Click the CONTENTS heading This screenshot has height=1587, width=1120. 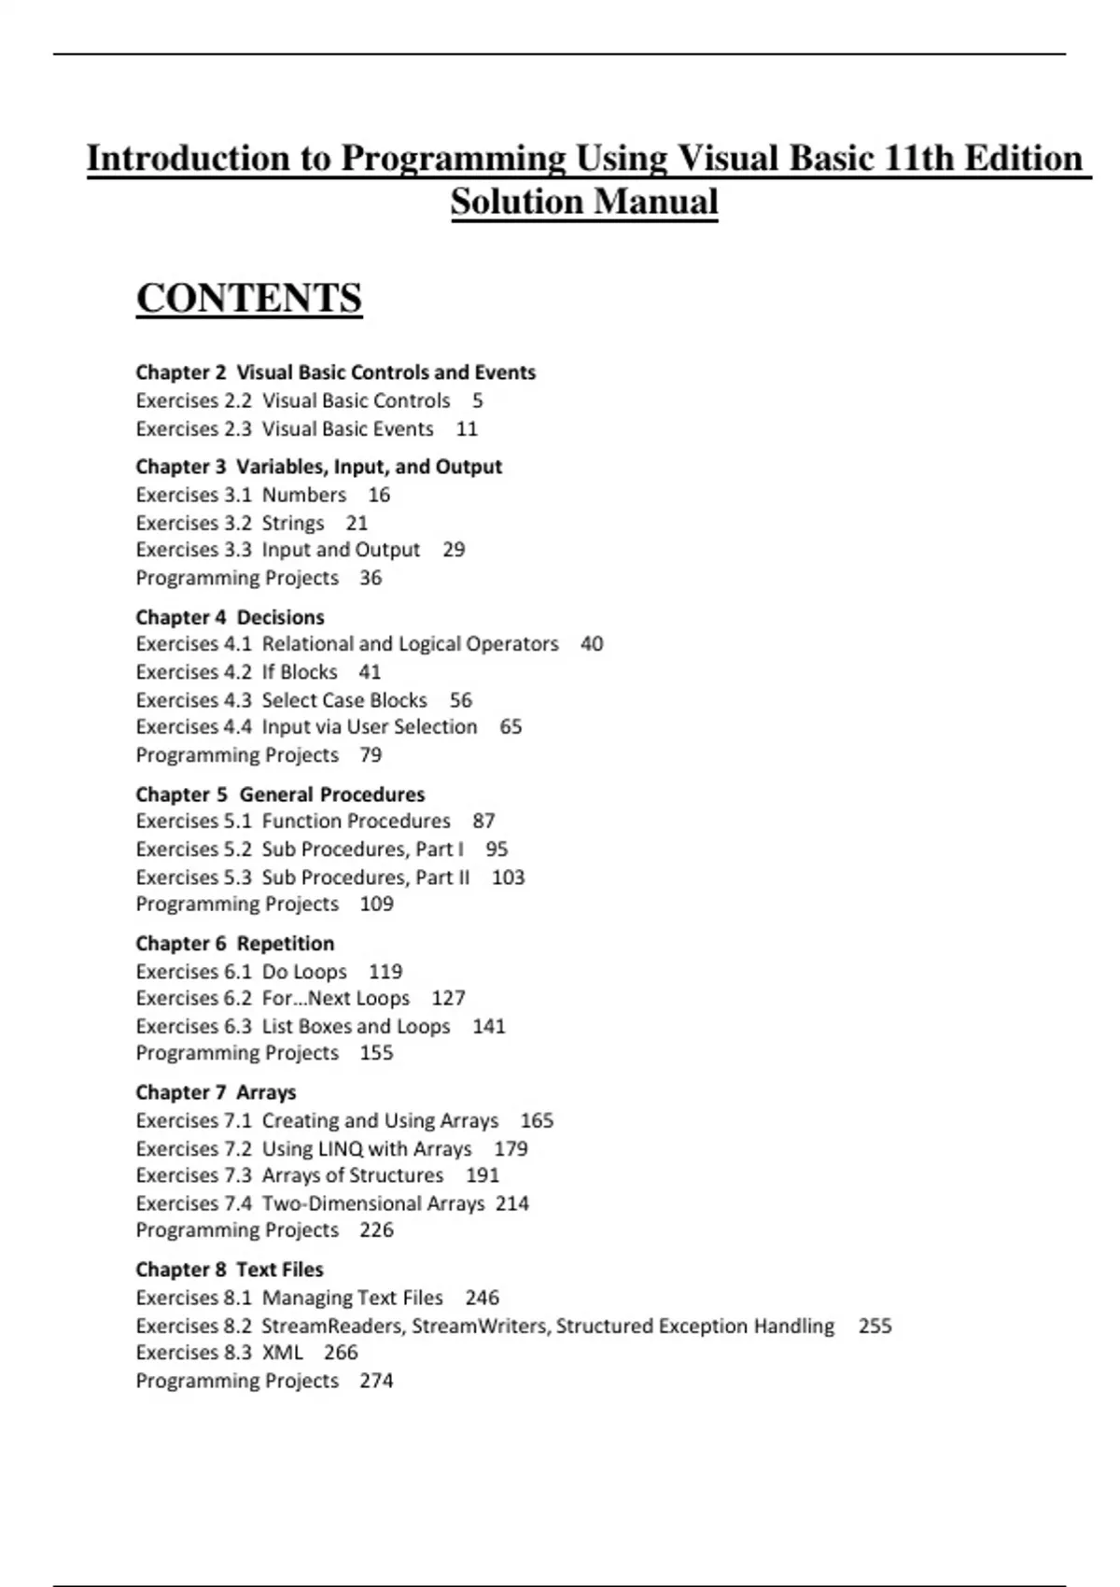coord(248,299)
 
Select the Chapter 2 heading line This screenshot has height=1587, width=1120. coord(335,372)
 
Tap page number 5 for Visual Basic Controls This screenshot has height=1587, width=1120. coord(477,400)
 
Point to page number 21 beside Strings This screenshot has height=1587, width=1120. coord(357,523)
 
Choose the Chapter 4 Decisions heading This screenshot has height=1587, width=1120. coord(230,617)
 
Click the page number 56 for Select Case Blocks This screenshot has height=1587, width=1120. coord(460,700)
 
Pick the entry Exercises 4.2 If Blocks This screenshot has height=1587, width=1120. coord(236,672)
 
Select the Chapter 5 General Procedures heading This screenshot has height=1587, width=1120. coord(280,794)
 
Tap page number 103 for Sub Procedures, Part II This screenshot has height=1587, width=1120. coord(508,878)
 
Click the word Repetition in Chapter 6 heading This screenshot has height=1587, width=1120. coord(286,944)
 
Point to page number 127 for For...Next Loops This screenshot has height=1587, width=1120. coord(448,998)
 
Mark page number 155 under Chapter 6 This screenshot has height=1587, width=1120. coord(376,1053)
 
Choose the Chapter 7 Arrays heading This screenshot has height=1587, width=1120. coord(216,1092)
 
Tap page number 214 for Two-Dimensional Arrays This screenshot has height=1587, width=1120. coord(511,1203)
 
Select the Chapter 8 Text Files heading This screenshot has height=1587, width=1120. coord(230,1270)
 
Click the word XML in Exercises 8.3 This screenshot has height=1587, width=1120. coord(282,1353)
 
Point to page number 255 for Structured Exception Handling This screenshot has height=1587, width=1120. coord(875,1326)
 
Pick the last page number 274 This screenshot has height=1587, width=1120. coord(376,1381)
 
